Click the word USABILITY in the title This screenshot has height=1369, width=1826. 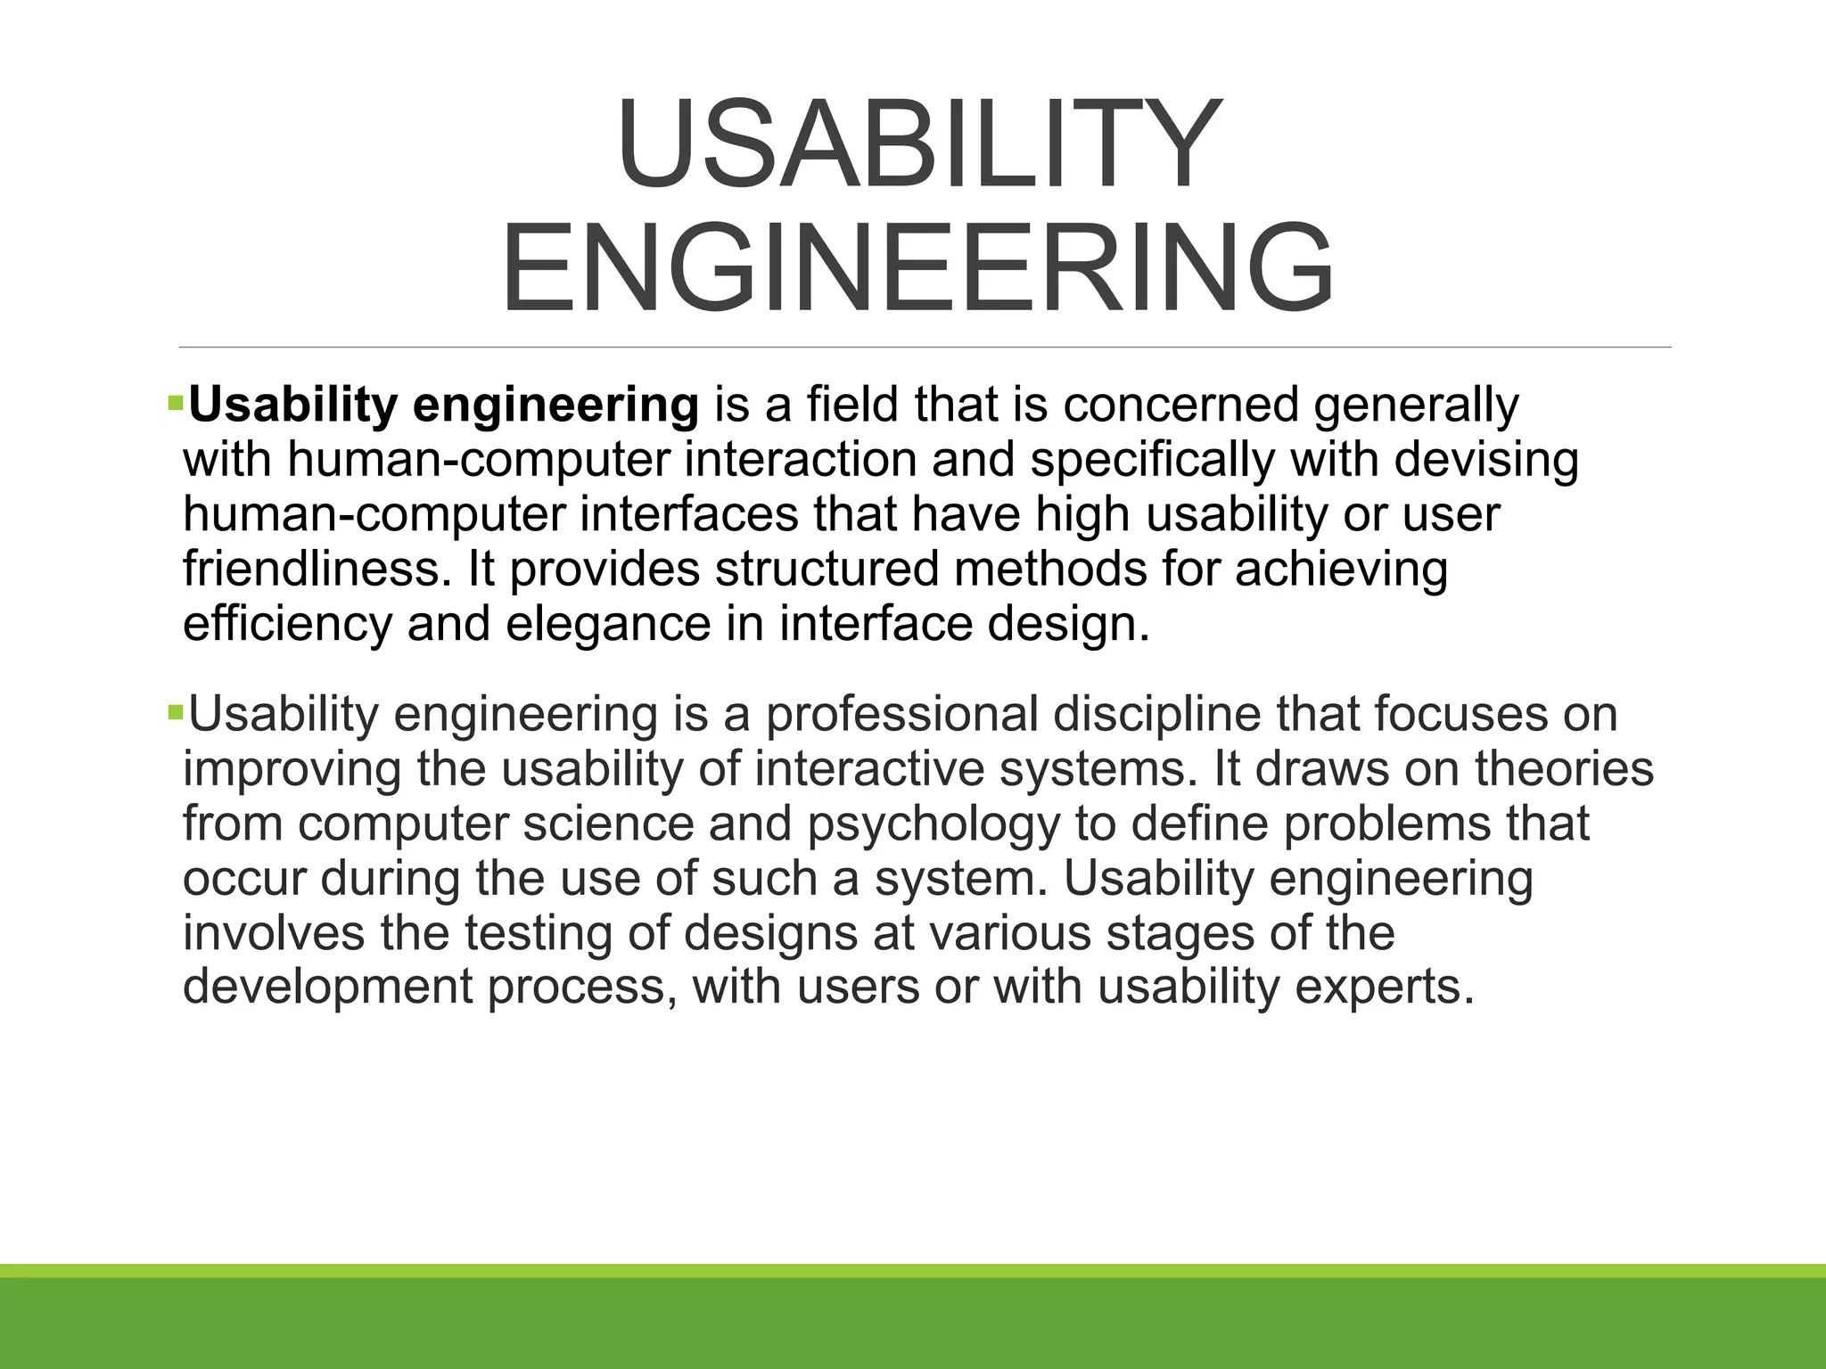point(917,144)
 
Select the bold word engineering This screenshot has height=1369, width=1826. point(556,406)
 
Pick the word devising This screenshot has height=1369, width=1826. point(1486,461)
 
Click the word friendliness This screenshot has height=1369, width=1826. point(317,570)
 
